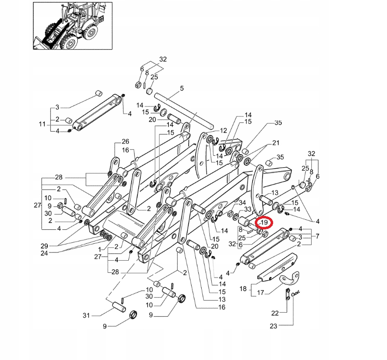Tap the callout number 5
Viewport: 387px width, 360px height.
tap(182, 89)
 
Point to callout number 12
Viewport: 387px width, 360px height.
tap(223, 131)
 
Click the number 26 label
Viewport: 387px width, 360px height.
tap(125, 141)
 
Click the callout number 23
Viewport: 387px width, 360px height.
tap(274, 326)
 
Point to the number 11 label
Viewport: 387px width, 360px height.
tap(42, 124)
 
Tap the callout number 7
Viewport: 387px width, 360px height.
tap(317, 236)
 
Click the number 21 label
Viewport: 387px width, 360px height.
tap(276, 143)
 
